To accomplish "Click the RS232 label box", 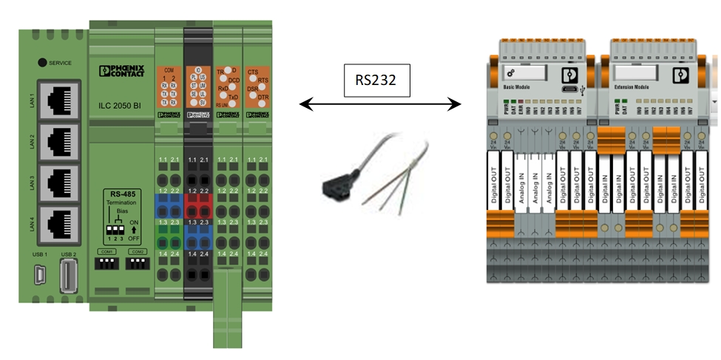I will click(x=376, y=81).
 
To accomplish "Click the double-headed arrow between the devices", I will click(x=380, y=106).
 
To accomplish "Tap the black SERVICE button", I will click(x=43, y=63).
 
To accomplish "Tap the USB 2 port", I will click(x=69, y=274).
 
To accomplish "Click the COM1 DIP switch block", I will click(x=105, y=262).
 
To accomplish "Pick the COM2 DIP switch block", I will click(x=137, y=262).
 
